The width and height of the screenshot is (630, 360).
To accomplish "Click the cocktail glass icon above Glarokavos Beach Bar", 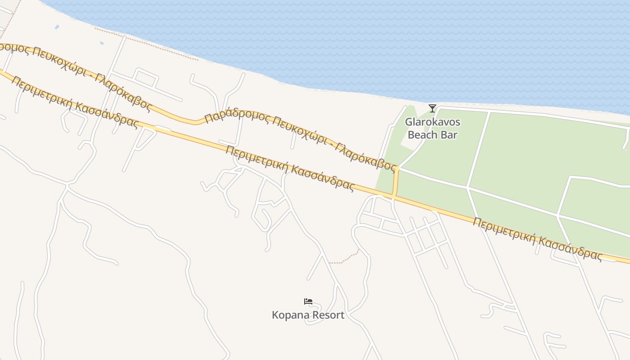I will click(x=432, y=108).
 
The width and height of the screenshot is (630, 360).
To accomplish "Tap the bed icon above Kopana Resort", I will click(x=308, y=301).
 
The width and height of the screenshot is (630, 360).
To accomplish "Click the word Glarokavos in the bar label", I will click(x=432, y=122).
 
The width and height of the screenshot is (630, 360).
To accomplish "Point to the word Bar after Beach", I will click(x=450, y=135).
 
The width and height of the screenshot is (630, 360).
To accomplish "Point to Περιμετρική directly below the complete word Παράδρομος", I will click(x=256, y=158).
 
